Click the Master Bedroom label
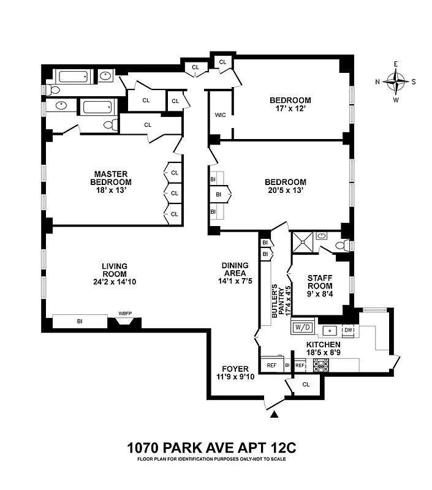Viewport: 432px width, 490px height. tap(111, 178)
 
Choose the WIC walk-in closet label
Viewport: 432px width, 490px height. tap(221, 115)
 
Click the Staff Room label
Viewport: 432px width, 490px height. tap(320, 282)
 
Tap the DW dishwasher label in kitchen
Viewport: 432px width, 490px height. tap(348, 330)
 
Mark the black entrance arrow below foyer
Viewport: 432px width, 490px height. tap(275, 415)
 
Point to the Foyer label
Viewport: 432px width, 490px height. tap(235, 369)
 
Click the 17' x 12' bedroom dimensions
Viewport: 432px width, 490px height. tap(290, 109)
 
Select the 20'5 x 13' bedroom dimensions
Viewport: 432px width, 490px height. tap(285, 190)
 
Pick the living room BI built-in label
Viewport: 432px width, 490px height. tap(80, 321)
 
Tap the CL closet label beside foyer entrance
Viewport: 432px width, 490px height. tap(306, 385)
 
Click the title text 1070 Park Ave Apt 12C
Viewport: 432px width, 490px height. tap(207, 447)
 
